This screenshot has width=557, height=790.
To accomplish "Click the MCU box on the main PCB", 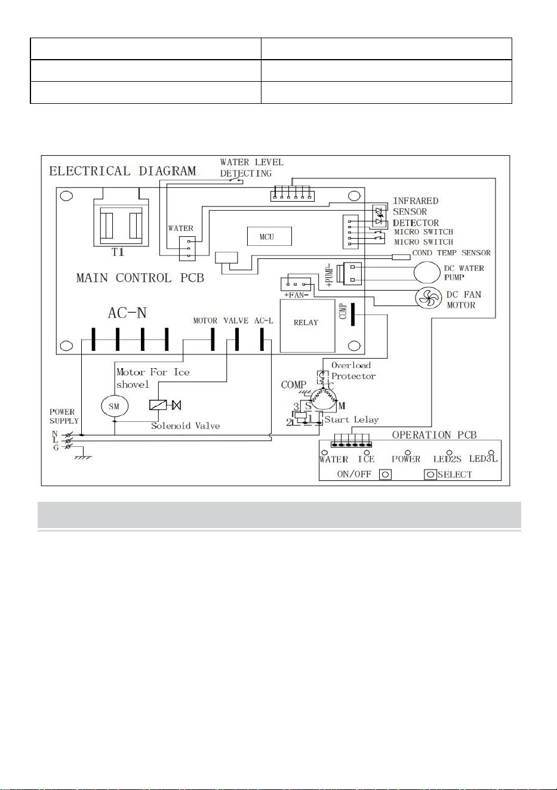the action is coord(269,236).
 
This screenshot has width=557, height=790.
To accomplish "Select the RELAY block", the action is coord(307,326).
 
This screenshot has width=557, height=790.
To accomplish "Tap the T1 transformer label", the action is coord(118,252).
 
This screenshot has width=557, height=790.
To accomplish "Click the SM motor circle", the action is coord(115,406).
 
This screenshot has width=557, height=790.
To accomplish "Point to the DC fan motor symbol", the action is coord(429,298).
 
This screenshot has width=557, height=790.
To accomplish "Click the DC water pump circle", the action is coord(427,272).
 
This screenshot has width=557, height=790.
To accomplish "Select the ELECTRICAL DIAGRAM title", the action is coord(122,171).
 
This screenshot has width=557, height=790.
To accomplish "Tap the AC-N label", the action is coord(127,313).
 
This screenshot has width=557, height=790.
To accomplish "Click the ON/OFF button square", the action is coord(385,474).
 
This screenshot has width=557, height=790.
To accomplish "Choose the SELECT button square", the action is coord(430,474).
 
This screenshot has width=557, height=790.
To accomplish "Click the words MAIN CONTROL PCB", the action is coord(140,278).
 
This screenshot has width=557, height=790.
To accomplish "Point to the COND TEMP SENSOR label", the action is coord(451,253).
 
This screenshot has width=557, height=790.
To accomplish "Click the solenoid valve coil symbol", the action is coord(158,405).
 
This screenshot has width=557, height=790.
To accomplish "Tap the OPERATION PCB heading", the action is coord(434,435).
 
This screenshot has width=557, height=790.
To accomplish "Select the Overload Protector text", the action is coord(353,371).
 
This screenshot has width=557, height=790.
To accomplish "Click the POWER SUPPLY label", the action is coord(64,416).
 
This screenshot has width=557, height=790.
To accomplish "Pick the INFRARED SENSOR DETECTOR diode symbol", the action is coord(380,216).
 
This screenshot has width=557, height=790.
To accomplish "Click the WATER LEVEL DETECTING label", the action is coord(252,168).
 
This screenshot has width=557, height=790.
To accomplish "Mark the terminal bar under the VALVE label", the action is coord(237,340).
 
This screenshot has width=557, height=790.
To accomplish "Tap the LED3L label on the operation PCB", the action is coord(483,459).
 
